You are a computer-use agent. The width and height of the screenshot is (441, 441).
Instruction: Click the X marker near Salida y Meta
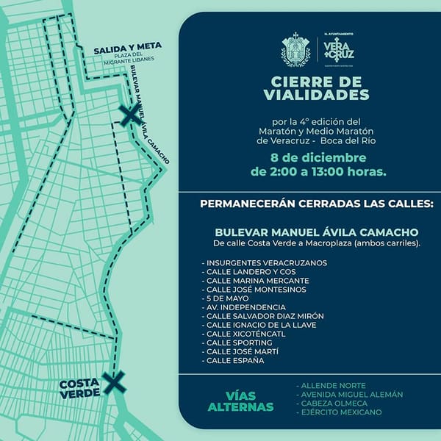[129, 115]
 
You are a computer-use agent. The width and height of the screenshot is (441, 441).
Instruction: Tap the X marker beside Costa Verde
[112, 381]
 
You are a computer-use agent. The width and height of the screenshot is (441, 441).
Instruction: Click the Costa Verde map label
[79, 389]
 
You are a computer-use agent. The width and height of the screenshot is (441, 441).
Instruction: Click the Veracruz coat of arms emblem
[296, 49]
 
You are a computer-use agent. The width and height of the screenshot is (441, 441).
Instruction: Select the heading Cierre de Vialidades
[309, 89]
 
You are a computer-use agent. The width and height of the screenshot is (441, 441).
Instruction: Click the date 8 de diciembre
[318, 157]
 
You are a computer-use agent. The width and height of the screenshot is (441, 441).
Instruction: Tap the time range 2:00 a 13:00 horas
[318, 172]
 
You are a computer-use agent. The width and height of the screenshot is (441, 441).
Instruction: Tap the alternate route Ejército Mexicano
[339, 412]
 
